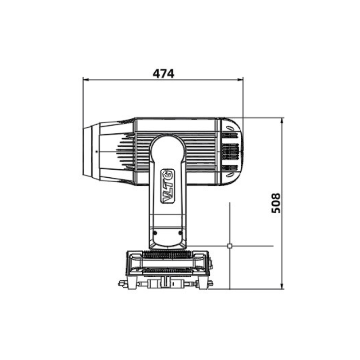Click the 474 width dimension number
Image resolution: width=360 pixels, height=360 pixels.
pos(163,73)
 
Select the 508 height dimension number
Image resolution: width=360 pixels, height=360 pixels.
pos(276,203)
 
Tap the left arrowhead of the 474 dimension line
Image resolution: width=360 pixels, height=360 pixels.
pos(85,80)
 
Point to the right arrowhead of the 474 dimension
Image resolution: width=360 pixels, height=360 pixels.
pos(240,80)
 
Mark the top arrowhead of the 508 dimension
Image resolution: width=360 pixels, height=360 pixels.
pos(282,121)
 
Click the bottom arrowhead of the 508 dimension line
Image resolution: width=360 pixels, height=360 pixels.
pos(282,286)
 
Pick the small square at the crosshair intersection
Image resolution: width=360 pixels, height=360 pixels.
pos(229,246)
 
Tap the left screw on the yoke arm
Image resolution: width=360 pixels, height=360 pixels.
pos(155,233)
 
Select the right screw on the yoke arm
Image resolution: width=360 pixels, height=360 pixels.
pos(180,233)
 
